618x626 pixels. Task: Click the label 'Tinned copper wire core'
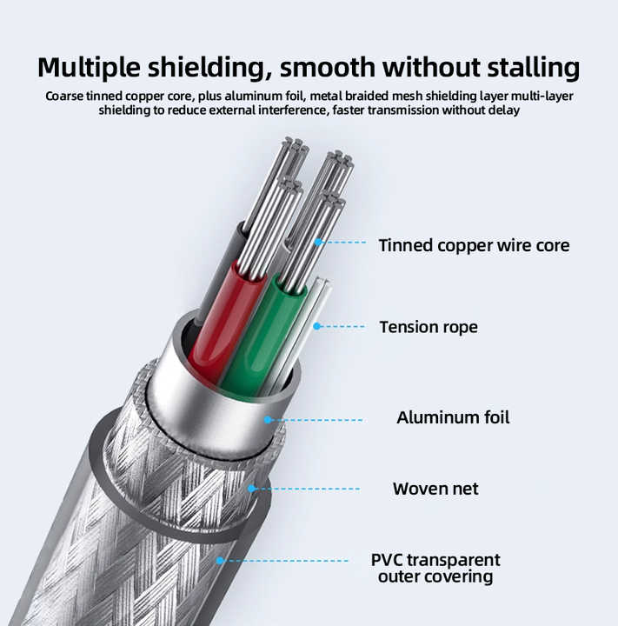(x=474, y=245)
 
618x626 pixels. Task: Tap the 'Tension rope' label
(x=429, y=327)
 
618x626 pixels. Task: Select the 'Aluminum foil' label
(x=453, y=417)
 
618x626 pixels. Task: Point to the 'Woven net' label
(x=435, y=489)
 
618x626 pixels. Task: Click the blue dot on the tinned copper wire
(x=318, y=242)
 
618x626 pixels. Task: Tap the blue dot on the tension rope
(x=317, y=326)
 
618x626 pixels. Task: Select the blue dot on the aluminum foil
(x=268, y=420)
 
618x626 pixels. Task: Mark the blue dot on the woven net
(x=251, y=489)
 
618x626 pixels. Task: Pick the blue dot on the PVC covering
(x=220, y=561)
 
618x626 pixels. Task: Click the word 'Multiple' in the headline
(x=89, y=68)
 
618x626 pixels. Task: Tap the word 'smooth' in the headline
(x=327, y=67)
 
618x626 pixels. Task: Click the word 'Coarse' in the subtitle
(x=64, y=97)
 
